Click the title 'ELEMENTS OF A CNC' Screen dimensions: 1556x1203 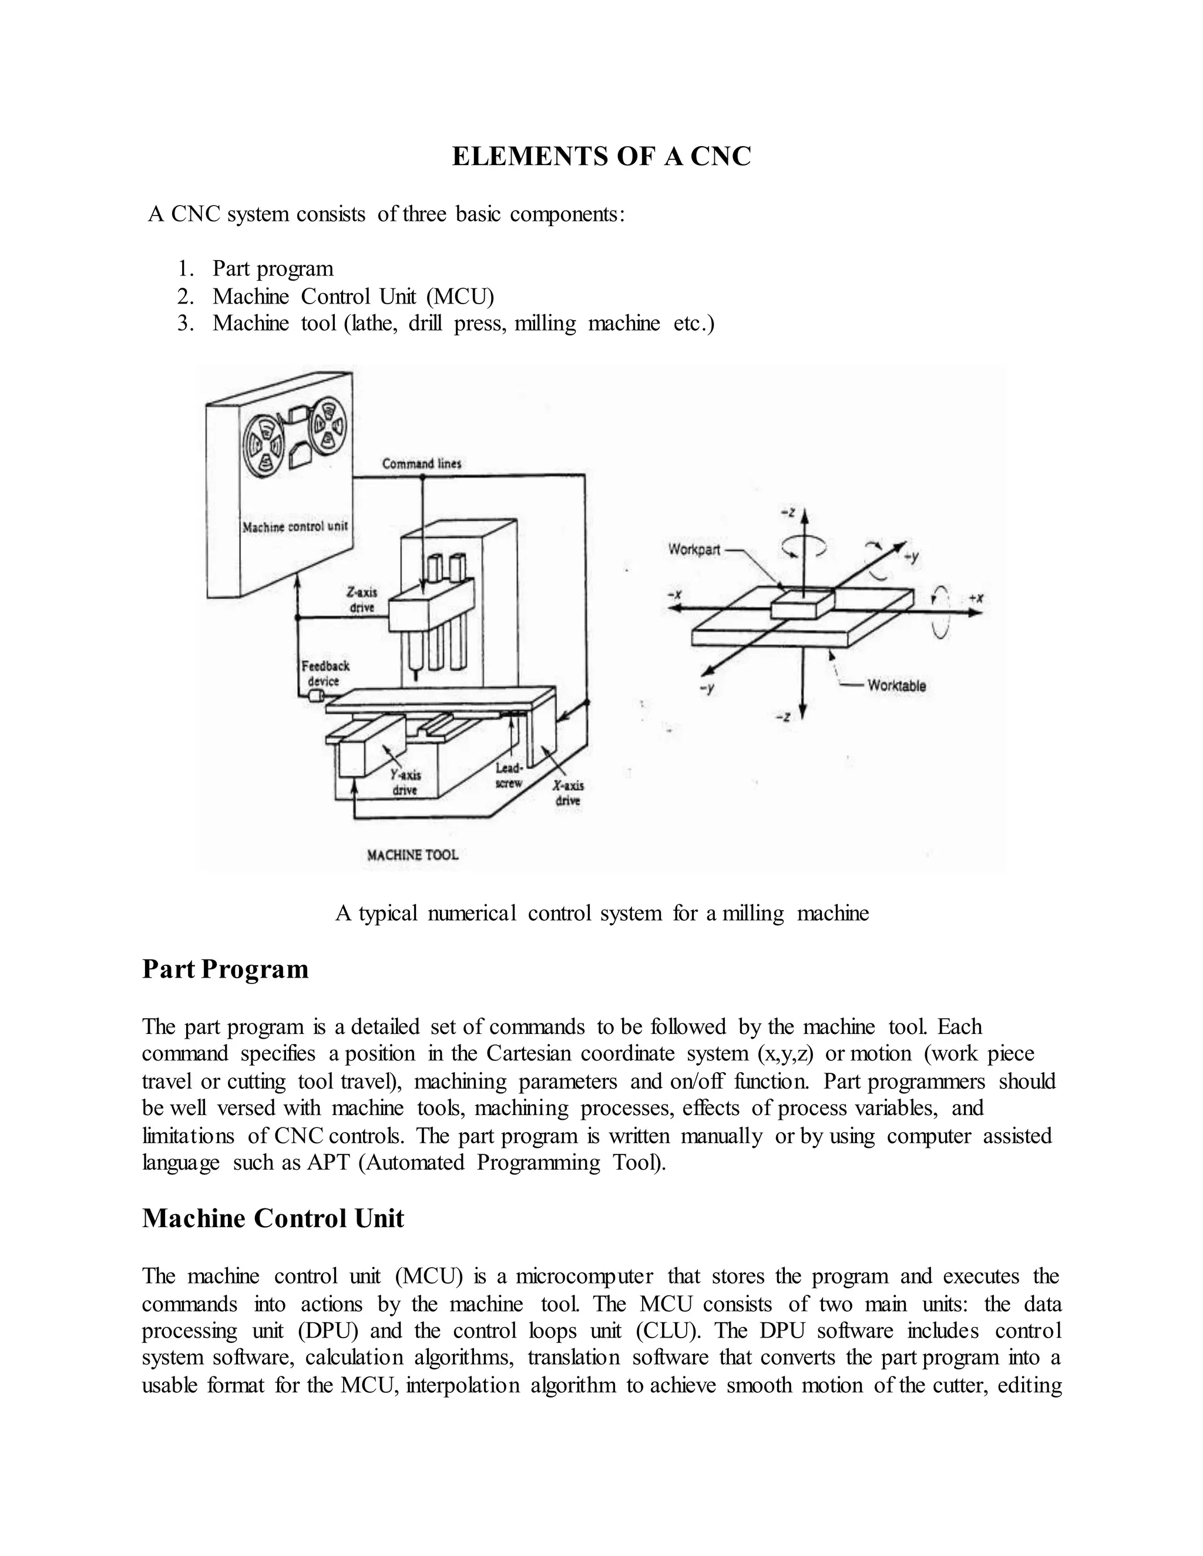[x=601, y=157]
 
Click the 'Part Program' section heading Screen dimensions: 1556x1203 [x=225, y=969]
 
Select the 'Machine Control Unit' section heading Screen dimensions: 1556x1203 [x=273, y=1218]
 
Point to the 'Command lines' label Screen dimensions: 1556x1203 [x=421, y=464]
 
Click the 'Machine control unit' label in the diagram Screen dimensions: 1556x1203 [x=294, y=527]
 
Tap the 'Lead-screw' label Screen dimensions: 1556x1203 [x=509, y=776]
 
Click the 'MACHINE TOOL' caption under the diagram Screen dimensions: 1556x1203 [x=412, y=855]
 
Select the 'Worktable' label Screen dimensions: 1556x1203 [x=896, y=685]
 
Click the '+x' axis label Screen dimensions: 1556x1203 [x=976, y=599]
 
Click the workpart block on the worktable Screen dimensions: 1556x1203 [x=802, y=604]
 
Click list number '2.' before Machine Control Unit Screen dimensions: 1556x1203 [x=186, y=296]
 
